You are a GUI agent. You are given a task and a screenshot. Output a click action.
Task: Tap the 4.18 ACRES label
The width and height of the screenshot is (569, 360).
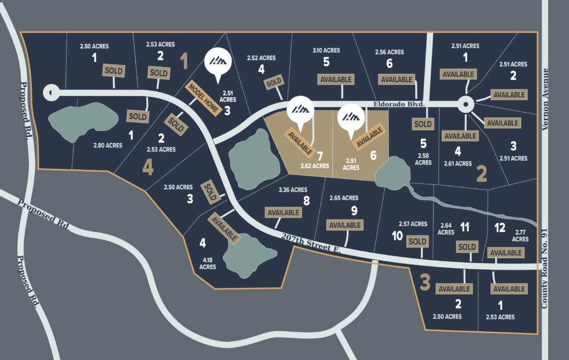(207, 263)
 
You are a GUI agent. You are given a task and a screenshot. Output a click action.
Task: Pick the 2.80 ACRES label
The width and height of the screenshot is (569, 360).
(108, 145)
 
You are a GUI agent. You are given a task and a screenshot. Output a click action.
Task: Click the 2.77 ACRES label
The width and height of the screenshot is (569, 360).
(520, 236)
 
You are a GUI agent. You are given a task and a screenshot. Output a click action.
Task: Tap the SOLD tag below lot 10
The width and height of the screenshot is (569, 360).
(417, 241)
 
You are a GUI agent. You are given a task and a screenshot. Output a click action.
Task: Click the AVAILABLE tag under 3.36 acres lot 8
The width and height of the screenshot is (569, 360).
(284, 212)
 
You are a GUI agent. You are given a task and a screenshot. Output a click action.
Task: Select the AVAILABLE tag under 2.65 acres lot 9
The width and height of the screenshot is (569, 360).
(345, 225)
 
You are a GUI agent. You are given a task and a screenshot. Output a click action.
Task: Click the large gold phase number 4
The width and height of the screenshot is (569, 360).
(148, 167)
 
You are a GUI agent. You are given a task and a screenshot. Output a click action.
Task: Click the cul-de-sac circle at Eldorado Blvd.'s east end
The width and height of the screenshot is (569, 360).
(465, 103)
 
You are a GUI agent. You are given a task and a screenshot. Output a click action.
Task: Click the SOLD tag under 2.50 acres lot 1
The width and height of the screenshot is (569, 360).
(113, 71)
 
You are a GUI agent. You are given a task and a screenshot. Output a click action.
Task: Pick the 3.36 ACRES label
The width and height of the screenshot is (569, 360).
(292, 190)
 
